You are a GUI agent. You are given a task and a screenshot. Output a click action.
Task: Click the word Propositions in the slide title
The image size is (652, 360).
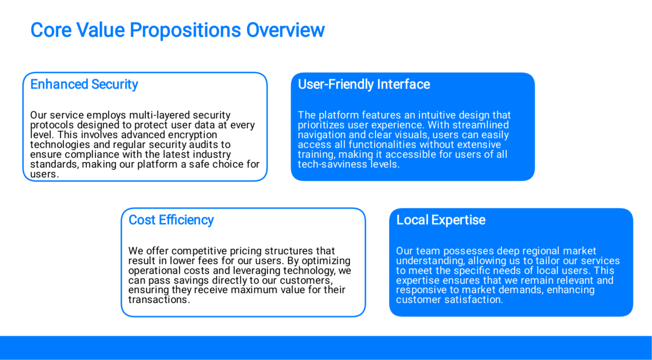coord(185,30)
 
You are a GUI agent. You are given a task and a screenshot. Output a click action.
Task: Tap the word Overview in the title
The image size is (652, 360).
coord(285,30)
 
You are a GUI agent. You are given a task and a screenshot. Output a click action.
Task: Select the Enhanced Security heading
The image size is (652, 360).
coord(84,85)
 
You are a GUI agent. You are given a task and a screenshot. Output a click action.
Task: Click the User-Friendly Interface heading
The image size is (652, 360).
coord(364,85)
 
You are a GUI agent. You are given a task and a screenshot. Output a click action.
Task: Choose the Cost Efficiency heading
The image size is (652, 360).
coord(171,220)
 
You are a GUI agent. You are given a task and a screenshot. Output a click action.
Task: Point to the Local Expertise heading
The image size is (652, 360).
coord(441,220)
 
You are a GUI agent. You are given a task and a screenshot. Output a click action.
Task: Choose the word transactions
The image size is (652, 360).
coord(159,299)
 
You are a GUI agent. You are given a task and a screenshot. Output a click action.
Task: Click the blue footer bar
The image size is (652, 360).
coord(326,348)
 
